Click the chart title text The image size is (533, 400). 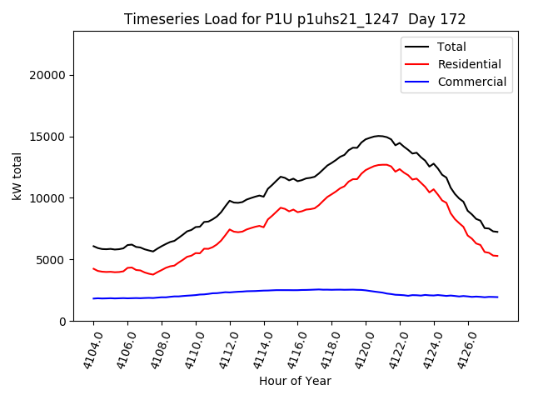(295, 19)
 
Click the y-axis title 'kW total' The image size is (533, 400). (17, 176)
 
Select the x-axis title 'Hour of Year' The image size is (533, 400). (295, 381)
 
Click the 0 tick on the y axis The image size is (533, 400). (63, 322)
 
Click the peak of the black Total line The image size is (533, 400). (379, 136)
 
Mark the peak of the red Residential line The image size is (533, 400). (382, 164)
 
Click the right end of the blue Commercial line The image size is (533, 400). (497, 297)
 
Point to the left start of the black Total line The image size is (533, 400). (93, 246)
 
